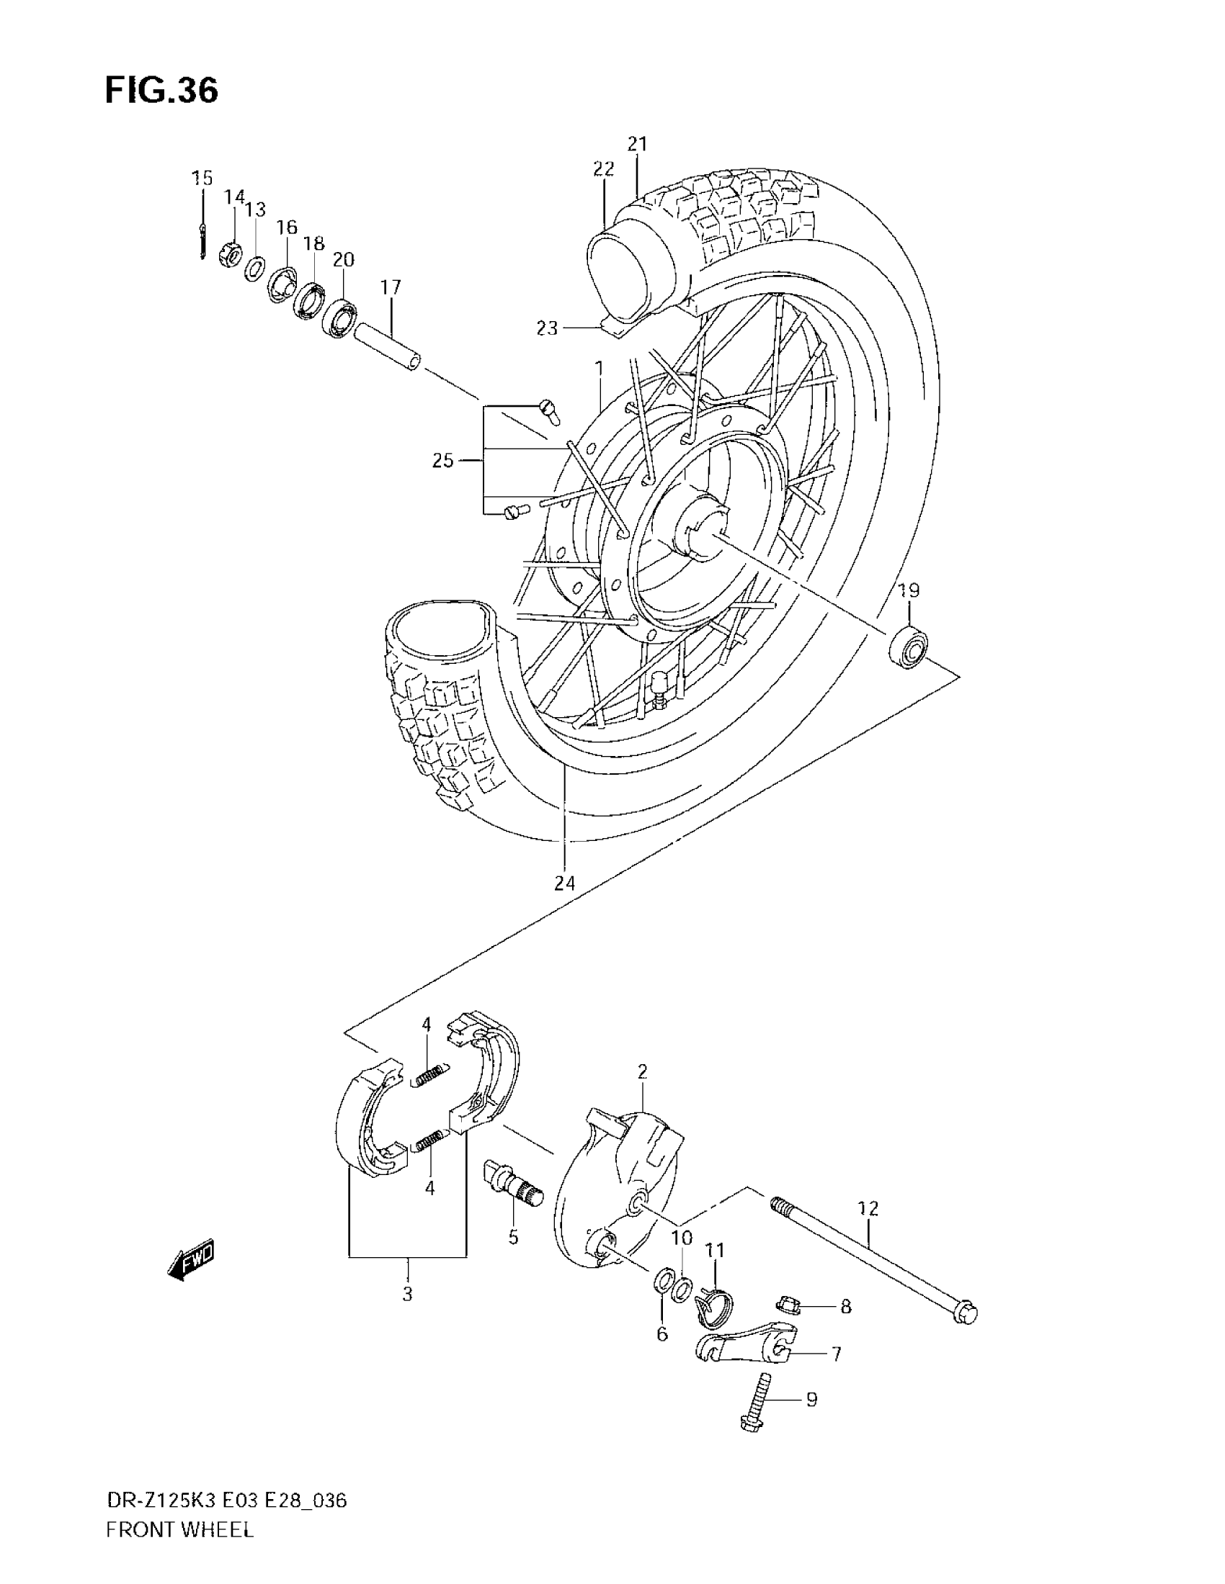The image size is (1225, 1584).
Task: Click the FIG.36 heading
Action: [x=161, y=91]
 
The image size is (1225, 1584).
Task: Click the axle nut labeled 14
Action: [x=230, y=254]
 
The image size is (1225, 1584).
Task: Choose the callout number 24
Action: [x=565, y=883]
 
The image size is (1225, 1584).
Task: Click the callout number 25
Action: [x=442, y=461]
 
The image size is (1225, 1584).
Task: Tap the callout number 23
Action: [x=547, y=328]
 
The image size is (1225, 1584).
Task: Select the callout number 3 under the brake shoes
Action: [x=407, y=1294]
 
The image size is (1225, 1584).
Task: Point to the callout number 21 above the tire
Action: [x=637, y=144]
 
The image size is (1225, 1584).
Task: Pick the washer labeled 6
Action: [x=662, y=1280]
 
